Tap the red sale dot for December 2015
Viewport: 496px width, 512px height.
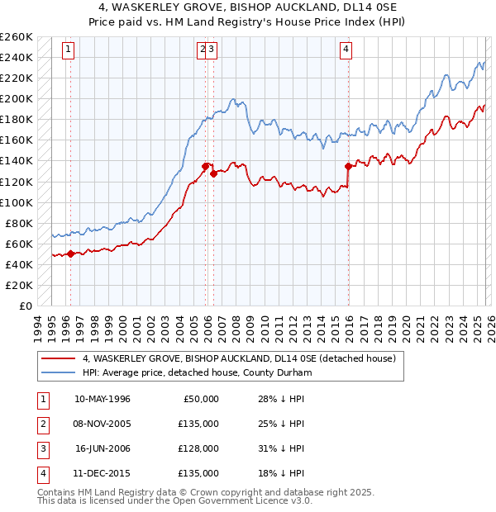point(348,166)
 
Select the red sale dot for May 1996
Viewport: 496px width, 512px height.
point(70,254)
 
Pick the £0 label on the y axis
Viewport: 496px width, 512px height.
point(26,306)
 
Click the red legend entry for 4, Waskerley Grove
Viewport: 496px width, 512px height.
point(240,358)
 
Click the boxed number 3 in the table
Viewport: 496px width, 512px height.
point(41,448)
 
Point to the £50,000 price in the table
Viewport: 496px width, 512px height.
point(199,399)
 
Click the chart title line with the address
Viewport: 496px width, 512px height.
point(247,8)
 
